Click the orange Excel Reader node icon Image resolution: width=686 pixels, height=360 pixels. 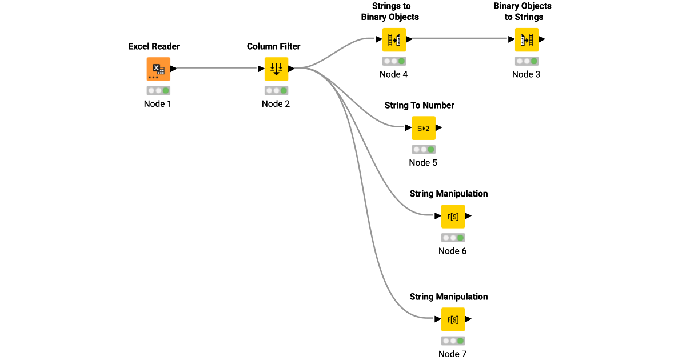[x=158, y=69]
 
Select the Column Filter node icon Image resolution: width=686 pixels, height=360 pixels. [x=276, y=69]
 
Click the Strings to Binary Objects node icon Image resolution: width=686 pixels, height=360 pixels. [x=394, y=39]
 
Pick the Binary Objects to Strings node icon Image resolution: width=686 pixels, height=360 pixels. [x=527, y=39]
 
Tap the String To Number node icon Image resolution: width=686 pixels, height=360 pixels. [x=424, y=128]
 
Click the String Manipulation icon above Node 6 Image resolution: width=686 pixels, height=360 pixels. [x=453, y=217]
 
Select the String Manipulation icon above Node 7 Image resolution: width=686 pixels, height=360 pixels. [x=453, y=319]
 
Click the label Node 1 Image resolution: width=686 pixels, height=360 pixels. [x=158, y=104]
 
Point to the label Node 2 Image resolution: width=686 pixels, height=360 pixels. [x=276, y=104]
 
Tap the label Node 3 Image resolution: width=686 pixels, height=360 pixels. [x=526, y=74]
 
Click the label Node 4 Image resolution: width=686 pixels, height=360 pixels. [x=393, y=74]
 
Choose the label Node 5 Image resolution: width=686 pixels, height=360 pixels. [x=423, y=163]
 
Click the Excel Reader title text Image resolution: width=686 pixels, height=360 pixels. [x=154, y=46]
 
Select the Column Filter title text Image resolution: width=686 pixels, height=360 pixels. [x=273, y=46]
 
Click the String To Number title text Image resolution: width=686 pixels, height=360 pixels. [x=420, y=105]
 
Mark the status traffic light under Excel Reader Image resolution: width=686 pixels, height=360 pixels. [x=158, y=90]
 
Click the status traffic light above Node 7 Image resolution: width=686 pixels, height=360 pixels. [x=453, y=341]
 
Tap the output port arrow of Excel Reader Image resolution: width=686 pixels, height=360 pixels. [x=174, y=69]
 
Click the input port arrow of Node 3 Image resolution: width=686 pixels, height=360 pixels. [x=511, y=39]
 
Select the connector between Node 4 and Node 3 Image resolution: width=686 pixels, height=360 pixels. [x=457, y=39]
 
